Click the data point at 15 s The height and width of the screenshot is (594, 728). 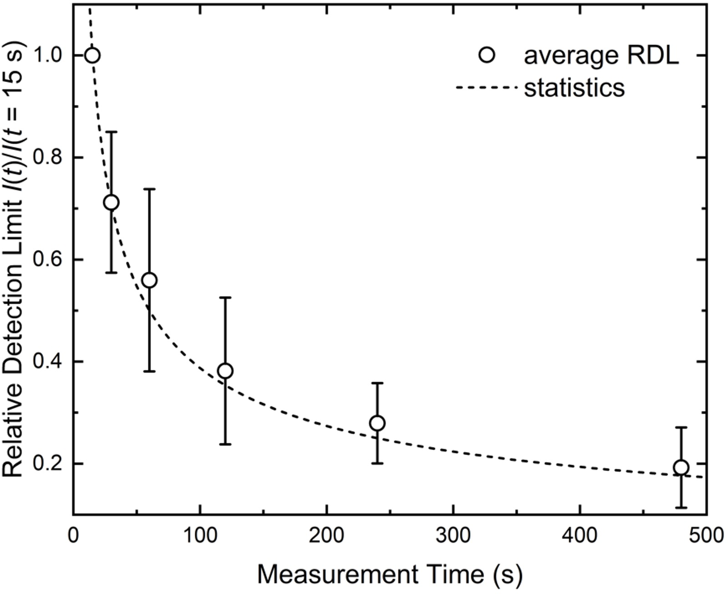(x=92, y=56)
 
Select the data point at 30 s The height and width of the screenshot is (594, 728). (x=111, y=202)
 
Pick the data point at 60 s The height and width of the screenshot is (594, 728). (x=149, y=281)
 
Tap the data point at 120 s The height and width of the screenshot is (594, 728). (x=225, y=371)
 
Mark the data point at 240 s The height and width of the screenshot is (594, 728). (x=377, y=423)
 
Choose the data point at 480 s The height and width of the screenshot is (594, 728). (x=681, y=467)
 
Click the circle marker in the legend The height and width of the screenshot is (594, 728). (x=487, y=56)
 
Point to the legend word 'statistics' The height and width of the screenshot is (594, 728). (x=574, y=87)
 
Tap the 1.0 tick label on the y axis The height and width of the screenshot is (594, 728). (x=48, y=56)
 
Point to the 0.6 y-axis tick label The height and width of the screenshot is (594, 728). (x=48, y=260)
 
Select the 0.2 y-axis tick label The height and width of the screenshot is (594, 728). (x=48, y=464)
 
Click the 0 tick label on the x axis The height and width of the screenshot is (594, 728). (x=73, y=536)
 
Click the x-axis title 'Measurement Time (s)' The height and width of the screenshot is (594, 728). (x=389, y=575)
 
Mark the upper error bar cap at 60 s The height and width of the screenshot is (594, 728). (x=149, y=189)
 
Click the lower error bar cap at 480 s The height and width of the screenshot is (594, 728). (x=681, y=507)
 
